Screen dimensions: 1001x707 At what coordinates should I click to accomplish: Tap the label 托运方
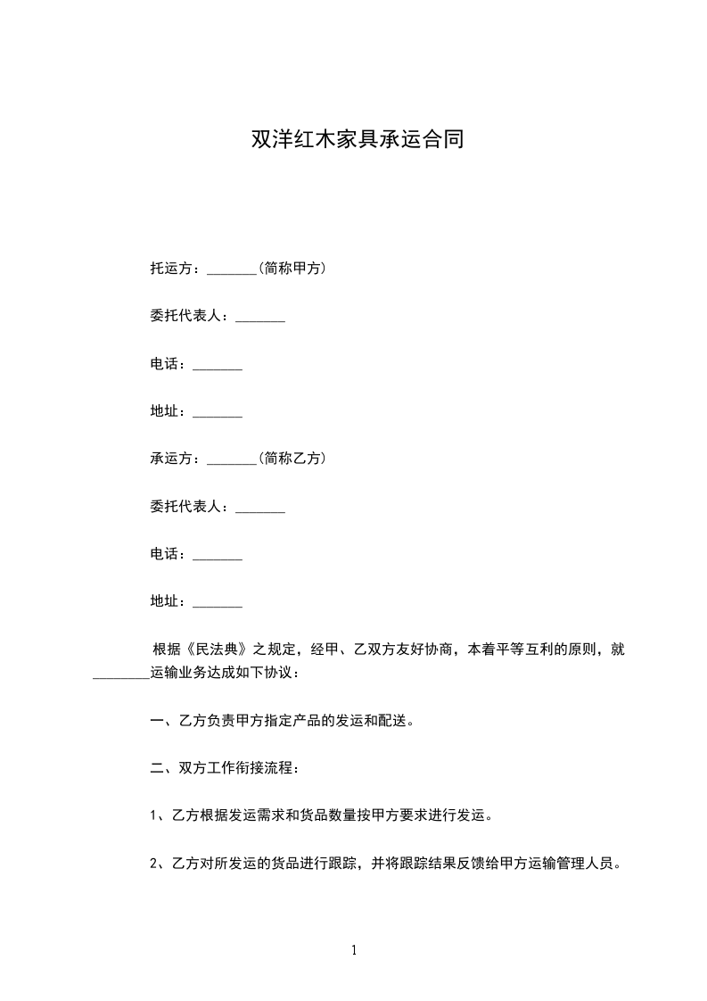coord(171,268)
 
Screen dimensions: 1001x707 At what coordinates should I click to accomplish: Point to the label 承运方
coord(171,459)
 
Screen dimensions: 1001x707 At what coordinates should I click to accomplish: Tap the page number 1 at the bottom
coord(354,950)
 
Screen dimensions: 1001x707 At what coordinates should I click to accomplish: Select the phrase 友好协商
coord(429,649)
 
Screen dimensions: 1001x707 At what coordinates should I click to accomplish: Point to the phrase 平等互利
coord(512,649)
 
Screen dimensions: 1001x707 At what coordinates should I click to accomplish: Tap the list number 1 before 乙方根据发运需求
coord(154,815)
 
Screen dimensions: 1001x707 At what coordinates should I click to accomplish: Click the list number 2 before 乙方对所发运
coord(154,863)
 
